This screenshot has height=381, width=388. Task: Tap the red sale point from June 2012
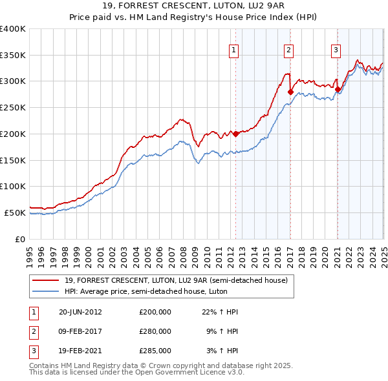[236, 134]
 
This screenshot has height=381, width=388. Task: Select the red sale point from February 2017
[290, 92]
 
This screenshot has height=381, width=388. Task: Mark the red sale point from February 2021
[338, 89]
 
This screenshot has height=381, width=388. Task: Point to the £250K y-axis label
[13, 107]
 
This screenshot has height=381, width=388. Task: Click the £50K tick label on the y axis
[15, 212]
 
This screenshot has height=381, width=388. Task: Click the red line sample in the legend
[45, 280]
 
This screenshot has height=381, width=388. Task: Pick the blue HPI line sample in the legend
[45, 291]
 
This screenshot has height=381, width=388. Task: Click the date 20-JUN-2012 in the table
[80, 312]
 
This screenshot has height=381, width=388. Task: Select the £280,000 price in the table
[155, 331]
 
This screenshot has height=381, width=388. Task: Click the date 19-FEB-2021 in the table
[80, 351]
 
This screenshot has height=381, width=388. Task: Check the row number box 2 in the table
[32, 331]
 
